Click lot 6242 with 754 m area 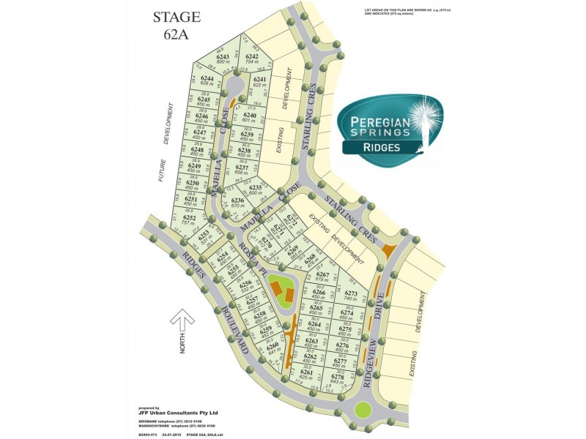click(253, 59)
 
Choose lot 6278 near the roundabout click(338, 378)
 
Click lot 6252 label click(189, 220)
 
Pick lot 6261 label click(306, 375)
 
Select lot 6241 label click(259, 82)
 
